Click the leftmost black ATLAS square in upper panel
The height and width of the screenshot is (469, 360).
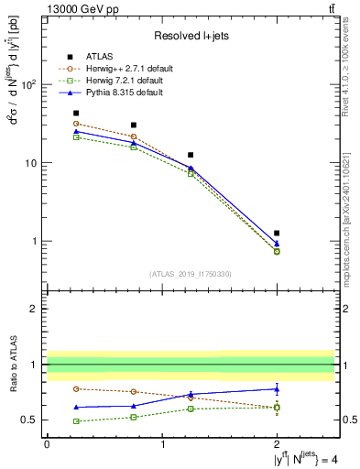coord(76,114)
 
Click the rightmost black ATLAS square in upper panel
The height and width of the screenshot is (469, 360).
coord(277,234)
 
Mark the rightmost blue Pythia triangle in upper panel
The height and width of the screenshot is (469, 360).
coord(277,244)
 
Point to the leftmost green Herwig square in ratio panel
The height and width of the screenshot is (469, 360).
coord(76,421)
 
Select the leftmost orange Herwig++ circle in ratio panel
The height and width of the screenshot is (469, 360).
coord(76,389)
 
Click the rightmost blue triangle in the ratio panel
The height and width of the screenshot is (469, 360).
coord(277,388)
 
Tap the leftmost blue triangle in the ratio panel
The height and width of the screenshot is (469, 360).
coord(76,407)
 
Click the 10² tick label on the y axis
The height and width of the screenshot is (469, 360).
coord(29,84)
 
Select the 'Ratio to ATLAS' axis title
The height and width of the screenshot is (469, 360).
coord(12,364)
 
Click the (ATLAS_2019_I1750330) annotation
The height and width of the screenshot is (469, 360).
coord(190,273)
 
